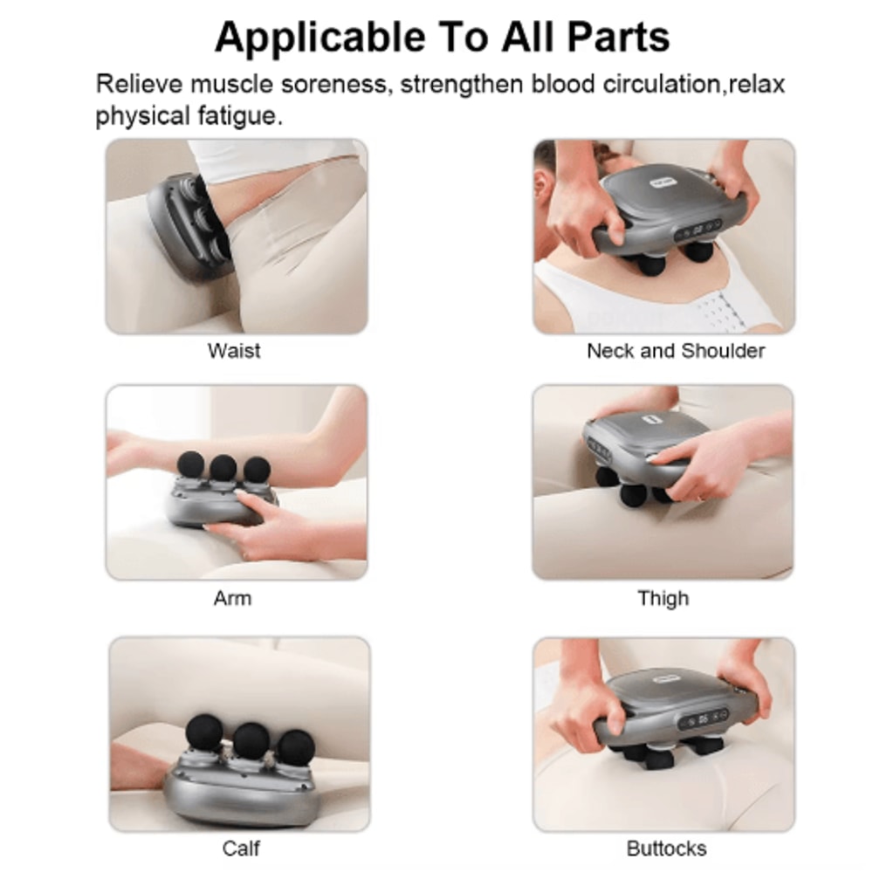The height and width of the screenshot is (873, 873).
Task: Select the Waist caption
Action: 234,351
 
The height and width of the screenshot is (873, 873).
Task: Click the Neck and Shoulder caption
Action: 675,351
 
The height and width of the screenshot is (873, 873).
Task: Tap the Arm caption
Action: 232,598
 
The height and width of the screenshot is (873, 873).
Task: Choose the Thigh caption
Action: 663,598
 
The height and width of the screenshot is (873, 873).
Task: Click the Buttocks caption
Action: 666,848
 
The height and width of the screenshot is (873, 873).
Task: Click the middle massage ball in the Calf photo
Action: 251,740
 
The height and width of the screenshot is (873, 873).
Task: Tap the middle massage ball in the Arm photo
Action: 223,467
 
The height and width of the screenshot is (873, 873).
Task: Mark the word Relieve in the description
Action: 140,86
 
